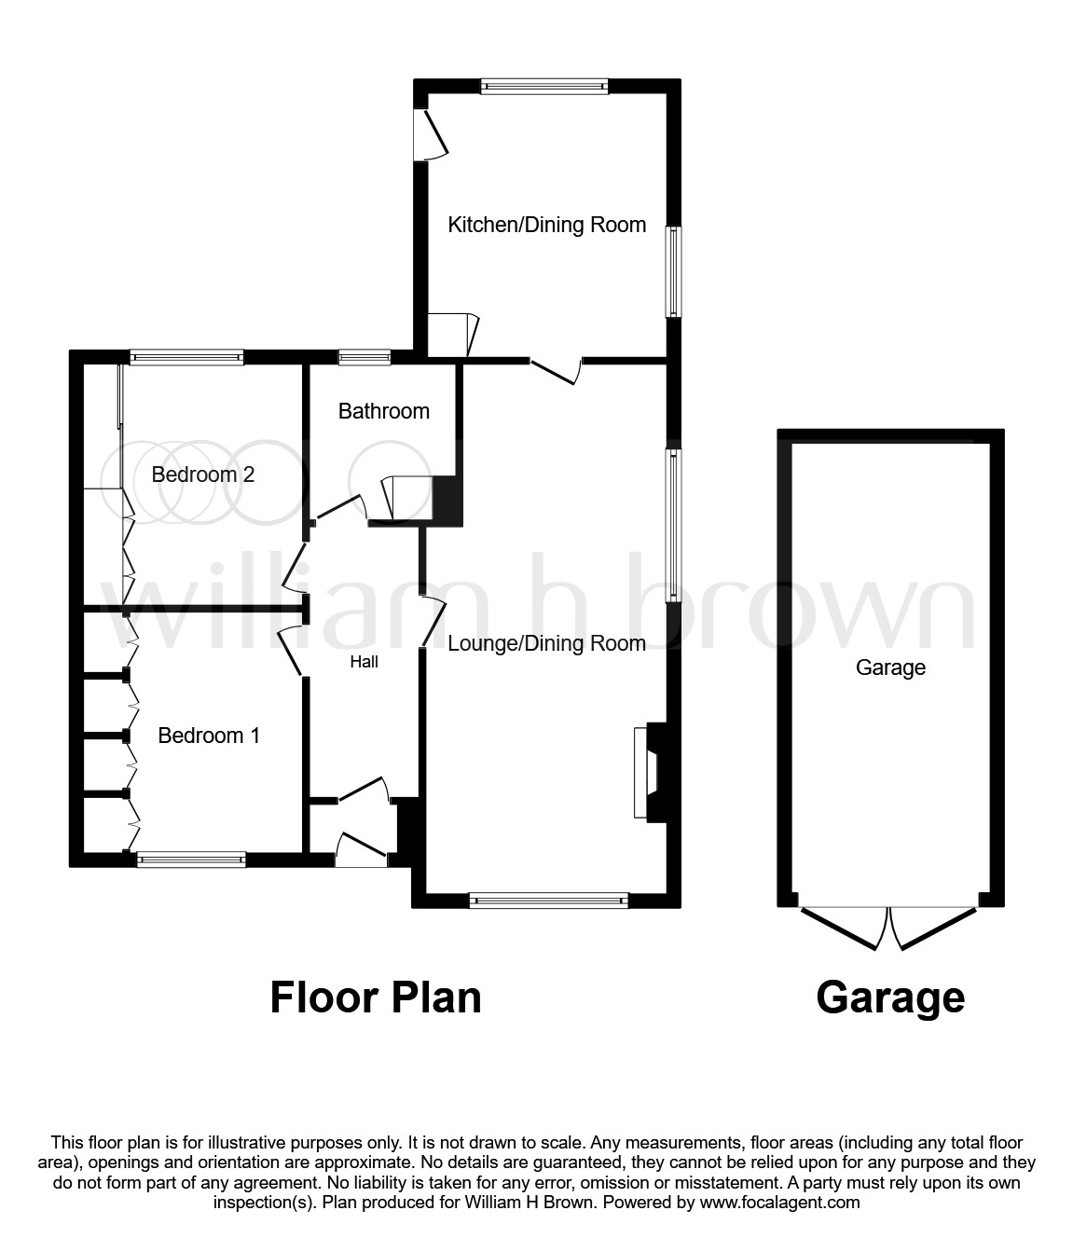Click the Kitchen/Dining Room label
click(x=546, y=225)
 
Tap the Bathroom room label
click(x=383, y=411)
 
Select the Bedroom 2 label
click(x=202, y=475)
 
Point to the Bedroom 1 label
click(x=208, y=736)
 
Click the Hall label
click(x=364, y=662)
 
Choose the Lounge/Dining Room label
click(x=546, y=643)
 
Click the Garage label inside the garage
click(x=890, y=667)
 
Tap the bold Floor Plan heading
click(x=376, y=997)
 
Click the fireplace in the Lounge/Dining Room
click(x=647, y=772)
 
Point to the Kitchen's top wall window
click(x=544, y=86)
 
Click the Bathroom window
click(x=365, y=355)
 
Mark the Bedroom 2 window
click(x=186, y=355)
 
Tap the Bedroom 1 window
click(x=191, y=860)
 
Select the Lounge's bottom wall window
click(x=549, y=900)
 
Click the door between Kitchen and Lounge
click(x=557, y=370)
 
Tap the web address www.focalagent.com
click(x=778, y=1202)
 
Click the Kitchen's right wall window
click(x=672, y=271)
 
